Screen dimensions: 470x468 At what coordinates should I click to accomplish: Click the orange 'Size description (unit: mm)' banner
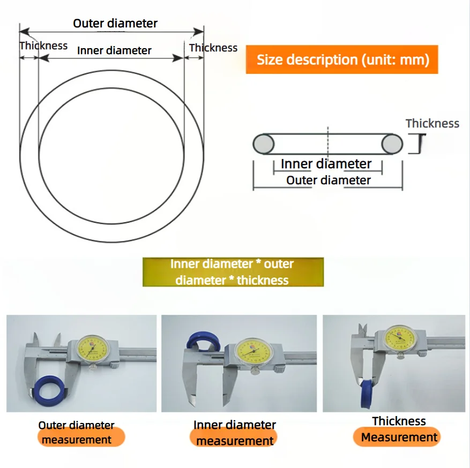click(342, 59)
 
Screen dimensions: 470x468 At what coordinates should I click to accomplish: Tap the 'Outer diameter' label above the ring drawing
click(115, 23)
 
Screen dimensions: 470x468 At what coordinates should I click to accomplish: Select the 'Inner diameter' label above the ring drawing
click(114, 50)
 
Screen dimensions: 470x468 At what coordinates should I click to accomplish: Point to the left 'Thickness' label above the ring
click(43, 46)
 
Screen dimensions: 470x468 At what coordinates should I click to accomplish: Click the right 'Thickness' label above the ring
click(213, 48)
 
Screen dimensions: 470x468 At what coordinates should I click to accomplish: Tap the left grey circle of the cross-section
click(263, 144)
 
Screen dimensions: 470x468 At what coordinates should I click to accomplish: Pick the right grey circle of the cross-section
click(392, 144)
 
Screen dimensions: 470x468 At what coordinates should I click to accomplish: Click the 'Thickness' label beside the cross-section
click(432, 123)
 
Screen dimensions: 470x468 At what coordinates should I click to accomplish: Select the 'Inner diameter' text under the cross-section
click(326, 164)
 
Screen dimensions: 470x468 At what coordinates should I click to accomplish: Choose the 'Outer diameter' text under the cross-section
click(328, 180)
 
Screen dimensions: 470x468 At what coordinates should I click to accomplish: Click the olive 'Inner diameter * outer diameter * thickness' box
click(233, 272)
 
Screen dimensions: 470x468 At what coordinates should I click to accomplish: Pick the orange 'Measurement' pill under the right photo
click(399, 437)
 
